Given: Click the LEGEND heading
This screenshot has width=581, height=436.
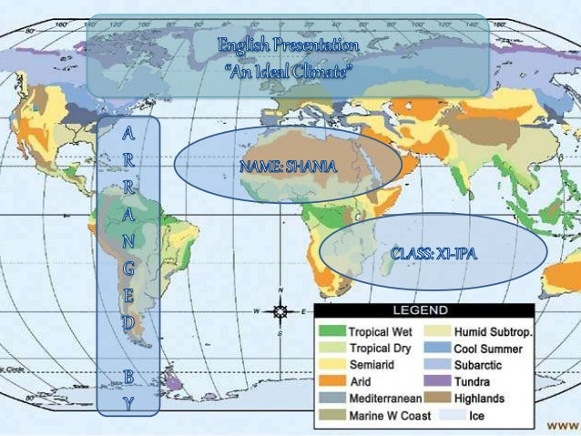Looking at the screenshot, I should point(439,309).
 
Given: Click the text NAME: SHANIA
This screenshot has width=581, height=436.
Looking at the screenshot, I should point(289,167).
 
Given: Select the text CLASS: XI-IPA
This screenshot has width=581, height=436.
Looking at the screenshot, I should point(435,251).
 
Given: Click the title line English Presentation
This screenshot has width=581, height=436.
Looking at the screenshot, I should point(288,45).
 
